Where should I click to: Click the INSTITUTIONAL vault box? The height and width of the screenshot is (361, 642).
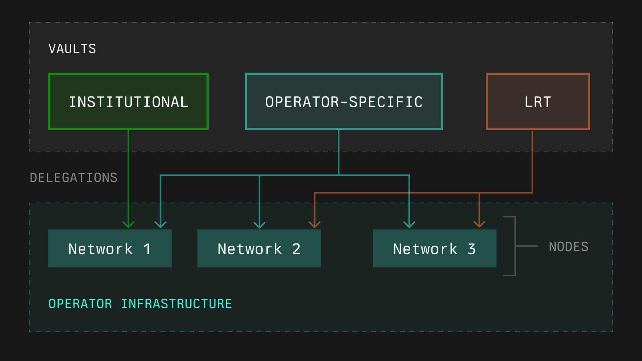click(x=128, y=101)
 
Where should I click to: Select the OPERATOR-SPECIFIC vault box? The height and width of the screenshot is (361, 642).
click(x=344, y=101)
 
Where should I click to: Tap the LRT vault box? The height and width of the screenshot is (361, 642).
click(x=538, y=101)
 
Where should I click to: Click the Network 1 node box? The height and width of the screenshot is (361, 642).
click(x=110, y=248)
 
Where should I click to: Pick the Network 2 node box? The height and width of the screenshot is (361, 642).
click(x=259, y=248)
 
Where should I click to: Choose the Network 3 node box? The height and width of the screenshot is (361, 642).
click(x=434, y=248)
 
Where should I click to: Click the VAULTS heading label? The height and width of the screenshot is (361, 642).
click(x=72, y=49)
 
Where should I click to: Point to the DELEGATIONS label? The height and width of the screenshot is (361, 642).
click(x=74, y=177)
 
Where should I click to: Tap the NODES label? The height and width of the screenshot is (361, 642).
click(x=568, y=246)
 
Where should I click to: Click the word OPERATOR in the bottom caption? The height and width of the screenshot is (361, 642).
click(x=80, y=304)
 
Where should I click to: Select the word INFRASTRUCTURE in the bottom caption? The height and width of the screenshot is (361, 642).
click(x=177, y=304)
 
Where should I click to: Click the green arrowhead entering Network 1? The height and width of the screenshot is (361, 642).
click(x=128, y=225)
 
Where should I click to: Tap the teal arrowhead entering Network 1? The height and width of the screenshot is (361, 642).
click(x=160, y=225)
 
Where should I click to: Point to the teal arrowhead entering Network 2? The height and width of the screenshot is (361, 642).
click(x=259, y=225)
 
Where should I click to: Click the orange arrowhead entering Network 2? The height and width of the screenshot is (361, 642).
click(x=315, y=225)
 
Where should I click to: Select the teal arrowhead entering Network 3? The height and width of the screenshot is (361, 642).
click(x=409, y=225)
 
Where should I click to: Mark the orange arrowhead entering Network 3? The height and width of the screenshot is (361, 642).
click(x=479, y=224)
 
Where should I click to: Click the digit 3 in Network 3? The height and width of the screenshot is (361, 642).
click(x=472, y=249)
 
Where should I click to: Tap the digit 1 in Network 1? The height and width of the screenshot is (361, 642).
click(x=147, y=249)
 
